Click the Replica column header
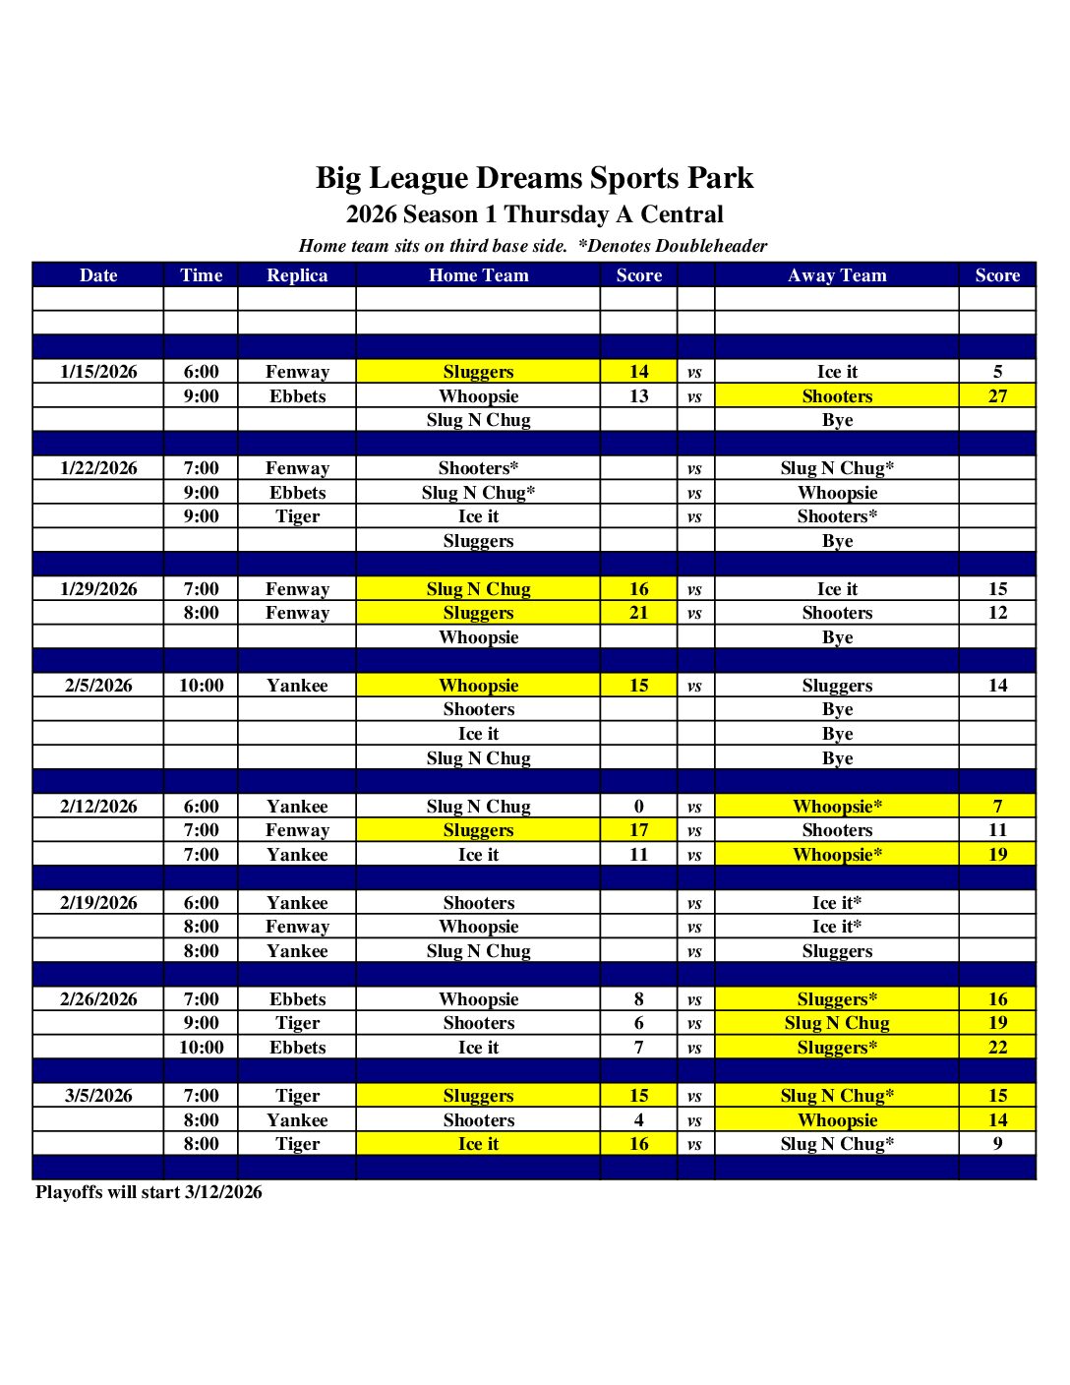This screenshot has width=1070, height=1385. pos(297,275)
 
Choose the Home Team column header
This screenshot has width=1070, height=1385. pos(478,275)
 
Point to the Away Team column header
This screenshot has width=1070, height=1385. pos(837,275)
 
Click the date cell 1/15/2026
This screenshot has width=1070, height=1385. pos(98,372)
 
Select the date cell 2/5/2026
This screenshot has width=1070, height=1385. pos(98,686)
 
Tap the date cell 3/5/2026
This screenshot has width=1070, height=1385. pos(98,1096)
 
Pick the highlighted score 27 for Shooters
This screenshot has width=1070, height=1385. pos(997,396)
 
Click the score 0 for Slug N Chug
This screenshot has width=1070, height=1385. pos(638,807)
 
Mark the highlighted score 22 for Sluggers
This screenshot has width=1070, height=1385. pos(997,1048)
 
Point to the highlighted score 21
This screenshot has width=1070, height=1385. pos(638,613)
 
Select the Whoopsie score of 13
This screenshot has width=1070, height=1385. pos(638,396)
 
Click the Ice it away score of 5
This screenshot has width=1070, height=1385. pos(997,372)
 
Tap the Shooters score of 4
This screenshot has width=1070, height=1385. pos(638,1120)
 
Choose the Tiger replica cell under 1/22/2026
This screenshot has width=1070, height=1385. pos(297,516)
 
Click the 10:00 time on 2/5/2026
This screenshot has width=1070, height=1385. pos(201,686)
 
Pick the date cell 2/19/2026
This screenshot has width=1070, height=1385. pos(98,903)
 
